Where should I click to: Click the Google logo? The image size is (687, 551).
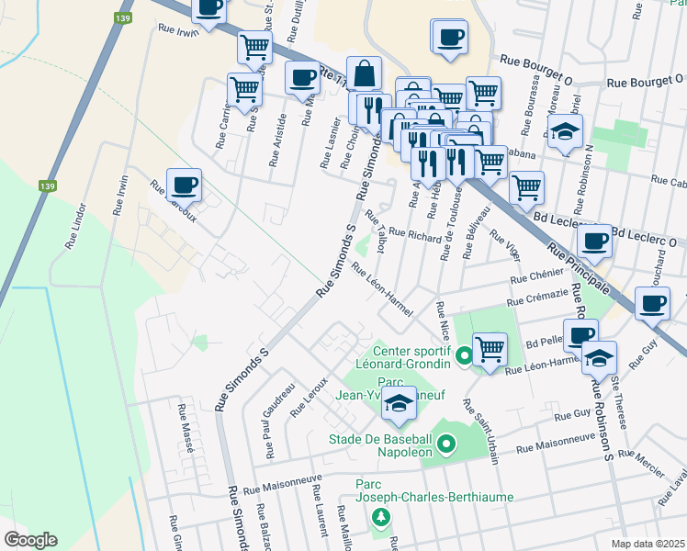click(30, 540)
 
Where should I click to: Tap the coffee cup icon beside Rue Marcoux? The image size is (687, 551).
click(184, 184)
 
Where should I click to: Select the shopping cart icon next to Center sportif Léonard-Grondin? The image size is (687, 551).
click(490, 349)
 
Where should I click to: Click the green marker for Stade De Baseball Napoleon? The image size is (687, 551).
click(446, 445)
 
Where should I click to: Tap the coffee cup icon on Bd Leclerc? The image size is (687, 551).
click(595, 242)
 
